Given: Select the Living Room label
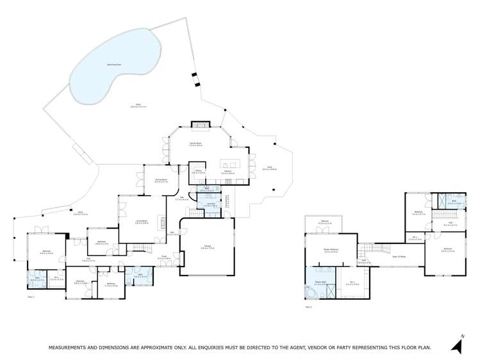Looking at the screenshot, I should pos(142,222).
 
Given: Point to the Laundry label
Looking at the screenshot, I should pos(211,204).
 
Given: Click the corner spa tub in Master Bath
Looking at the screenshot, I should pos(313,291).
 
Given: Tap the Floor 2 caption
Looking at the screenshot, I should pos(308,307).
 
